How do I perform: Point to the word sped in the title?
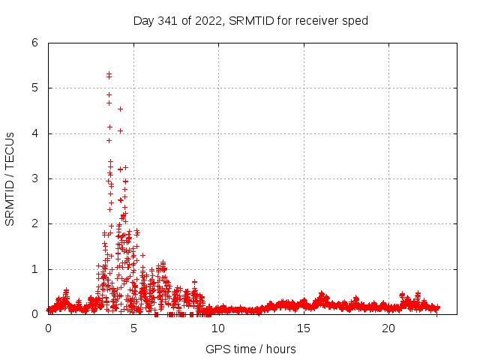[x=356, y=21]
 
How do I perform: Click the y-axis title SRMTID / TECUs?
[x=10, y=178]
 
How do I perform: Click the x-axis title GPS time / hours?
[x=250, y=349]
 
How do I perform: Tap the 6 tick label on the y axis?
[x=34, y=43]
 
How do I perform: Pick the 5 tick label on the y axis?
[x=34, y=88]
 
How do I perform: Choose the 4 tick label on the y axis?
[x=34, y=133]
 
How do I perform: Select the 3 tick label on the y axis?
[x=34, y=178]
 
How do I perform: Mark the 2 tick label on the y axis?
[x=34, y=223]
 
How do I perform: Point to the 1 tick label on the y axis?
[x=34, y=269]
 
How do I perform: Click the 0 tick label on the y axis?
[x=34, y=314]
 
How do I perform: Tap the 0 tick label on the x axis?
[x=49, y=328]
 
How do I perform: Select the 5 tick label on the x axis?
[x=133, y=328]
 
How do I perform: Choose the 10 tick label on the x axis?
[x=219, y=328]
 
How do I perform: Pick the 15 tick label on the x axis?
[x=304, y=328]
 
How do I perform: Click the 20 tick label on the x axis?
[x=388, y=328]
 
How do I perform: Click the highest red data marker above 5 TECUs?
[x=109, y=73]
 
